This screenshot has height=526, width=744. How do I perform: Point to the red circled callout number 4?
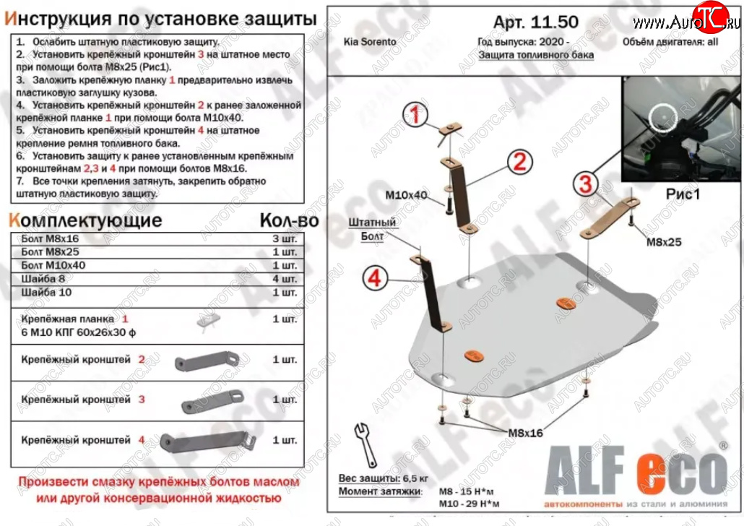click(376, 279)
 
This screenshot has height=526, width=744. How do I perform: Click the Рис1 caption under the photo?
click(683, 194)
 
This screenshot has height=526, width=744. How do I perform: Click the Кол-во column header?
click(287, 220)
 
